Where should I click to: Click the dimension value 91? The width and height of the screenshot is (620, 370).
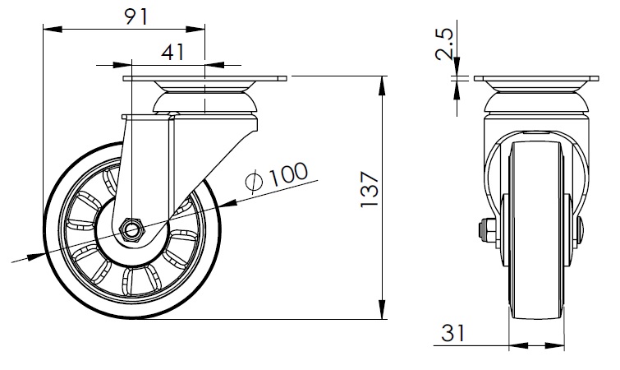click(136, 16)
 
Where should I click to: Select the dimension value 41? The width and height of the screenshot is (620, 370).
click(172, 52)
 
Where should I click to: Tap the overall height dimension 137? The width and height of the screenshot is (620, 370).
click(370, 189)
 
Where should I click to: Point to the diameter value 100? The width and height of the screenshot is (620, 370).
click(288, 174)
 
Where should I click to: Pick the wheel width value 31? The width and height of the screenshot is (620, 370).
click(453, 333)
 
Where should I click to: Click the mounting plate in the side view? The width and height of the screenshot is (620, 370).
click(204, 78)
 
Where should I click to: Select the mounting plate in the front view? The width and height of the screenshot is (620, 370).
click(536, 78)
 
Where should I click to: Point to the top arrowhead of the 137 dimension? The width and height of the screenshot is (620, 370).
click(382, 86)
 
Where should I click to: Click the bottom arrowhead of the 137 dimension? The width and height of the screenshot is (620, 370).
click(382, 309)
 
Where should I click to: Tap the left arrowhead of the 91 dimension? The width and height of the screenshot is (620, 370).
click(53, 29)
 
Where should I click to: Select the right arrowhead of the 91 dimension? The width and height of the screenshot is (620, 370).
click(195, 29)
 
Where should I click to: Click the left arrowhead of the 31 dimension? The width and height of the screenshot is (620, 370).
click(518, 345)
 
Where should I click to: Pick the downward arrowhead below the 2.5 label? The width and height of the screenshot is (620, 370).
click(457, 67)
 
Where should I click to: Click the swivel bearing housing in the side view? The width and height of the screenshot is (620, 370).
click(536, 102)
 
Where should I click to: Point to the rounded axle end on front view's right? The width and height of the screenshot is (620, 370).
click(579, 231)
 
